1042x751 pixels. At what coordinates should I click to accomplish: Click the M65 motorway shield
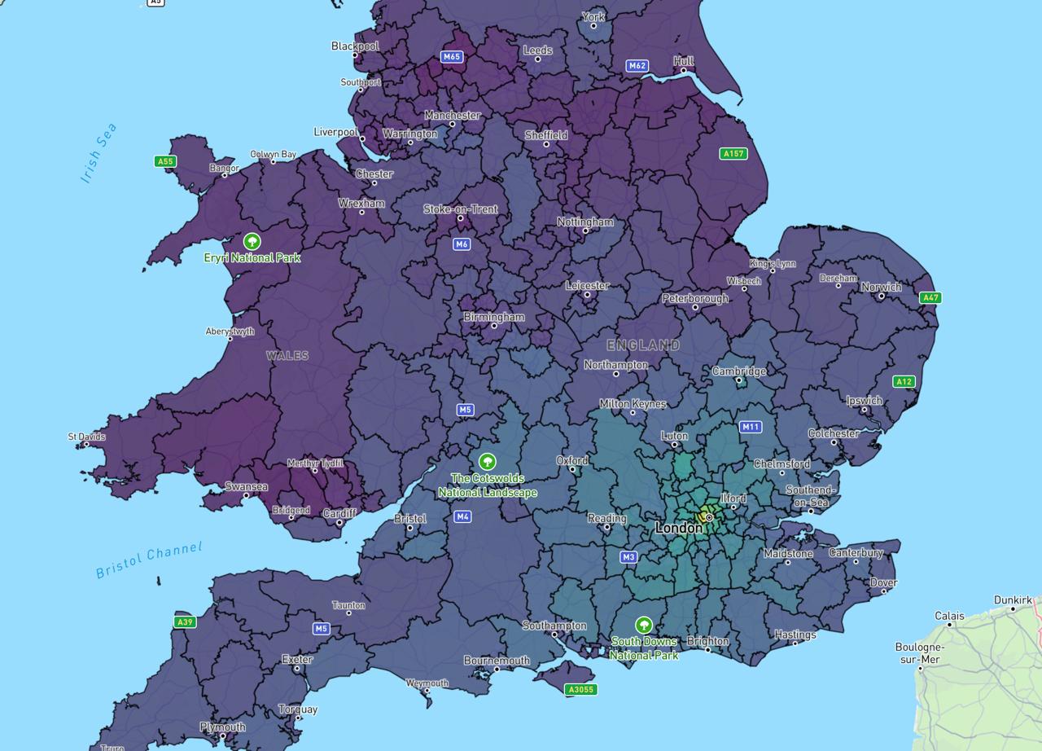451,57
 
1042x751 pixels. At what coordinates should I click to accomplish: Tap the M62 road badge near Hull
637,66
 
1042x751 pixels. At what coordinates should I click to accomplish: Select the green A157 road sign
733,153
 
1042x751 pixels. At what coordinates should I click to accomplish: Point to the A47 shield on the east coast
930,298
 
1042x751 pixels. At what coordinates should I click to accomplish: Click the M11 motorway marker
751,427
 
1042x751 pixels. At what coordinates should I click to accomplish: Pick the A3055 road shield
580,690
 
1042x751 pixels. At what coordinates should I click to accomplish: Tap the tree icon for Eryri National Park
252,242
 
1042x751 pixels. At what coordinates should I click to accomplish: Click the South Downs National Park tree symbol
644,626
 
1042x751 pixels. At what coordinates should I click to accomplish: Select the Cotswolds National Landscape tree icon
488,462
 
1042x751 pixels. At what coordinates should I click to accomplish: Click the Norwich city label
881,287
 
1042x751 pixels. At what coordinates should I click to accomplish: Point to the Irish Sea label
99,152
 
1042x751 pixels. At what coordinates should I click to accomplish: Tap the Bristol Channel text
149,560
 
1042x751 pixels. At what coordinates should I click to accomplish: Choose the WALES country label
287,356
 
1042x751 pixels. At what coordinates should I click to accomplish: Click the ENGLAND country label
643,345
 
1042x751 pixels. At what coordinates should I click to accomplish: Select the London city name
678,528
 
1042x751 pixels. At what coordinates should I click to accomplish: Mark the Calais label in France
949,616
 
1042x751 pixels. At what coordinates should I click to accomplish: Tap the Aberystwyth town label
230,332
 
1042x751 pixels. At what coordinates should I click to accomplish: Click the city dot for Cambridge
739,380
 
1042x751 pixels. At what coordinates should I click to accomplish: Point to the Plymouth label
222,727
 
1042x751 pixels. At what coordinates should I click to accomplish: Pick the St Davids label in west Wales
86,437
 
